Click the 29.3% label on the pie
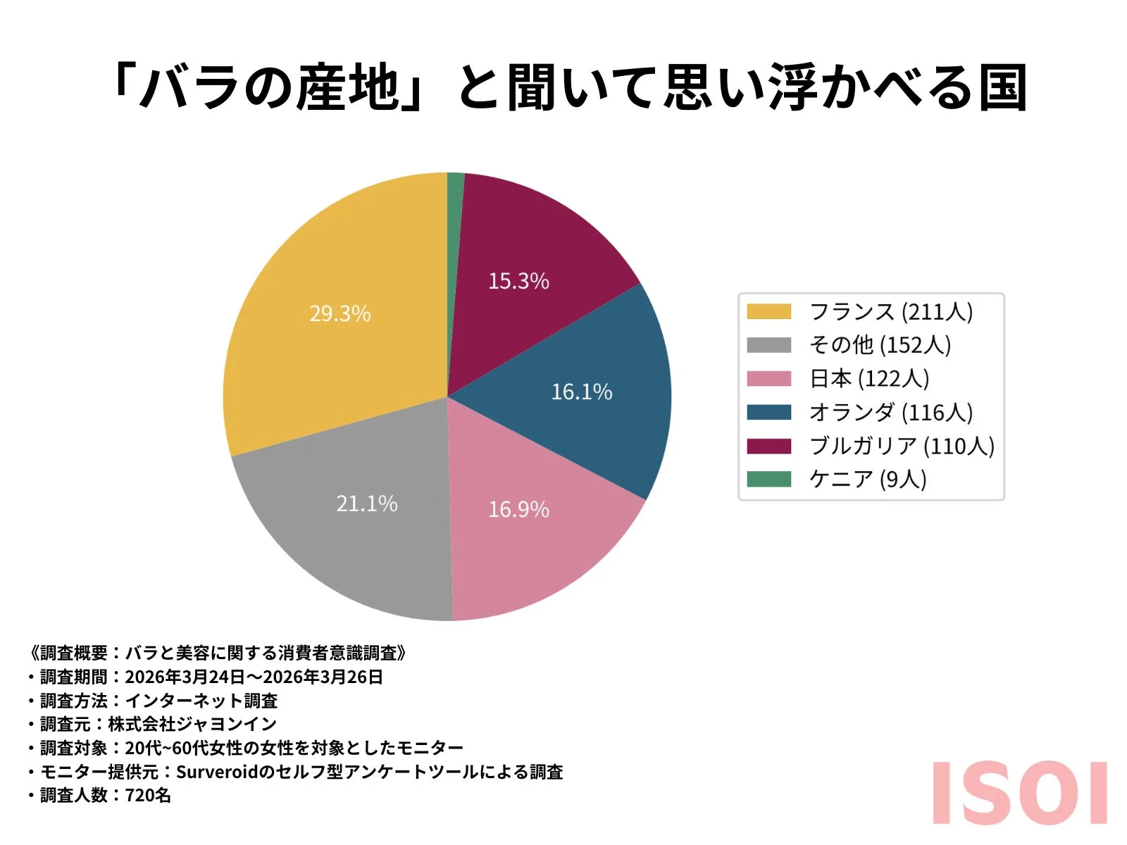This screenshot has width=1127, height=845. (340, 313)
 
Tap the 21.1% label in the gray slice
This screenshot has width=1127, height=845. (366, 503)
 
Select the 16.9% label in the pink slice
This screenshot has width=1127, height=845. (518, 509)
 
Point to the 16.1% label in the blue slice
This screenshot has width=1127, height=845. (581, 392)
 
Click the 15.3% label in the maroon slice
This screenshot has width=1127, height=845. (518, 281)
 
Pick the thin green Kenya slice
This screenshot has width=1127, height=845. (455, 211)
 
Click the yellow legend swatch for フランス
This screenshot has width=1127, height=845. (768, 311)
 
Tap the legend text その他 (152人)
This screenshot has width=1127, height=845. (880, 345)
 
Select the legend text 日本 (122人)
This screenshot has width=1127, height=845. (869, 379)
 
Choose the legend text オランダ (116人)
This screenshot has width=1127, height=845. (890, 412)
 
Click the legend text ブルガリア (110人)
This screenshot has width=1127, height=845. (902, 446)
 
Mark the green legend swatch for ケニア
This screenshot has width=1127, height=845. (768, 479)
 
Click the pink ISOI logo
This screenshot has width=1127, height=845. (1019, 793)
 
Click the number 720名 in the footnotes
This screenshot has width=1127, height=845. (148, 796)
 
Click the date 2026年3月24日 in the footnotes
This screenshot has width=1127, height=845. (185, 677)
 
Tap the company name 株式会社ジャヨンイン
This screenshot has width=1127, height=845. (192, 724)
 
